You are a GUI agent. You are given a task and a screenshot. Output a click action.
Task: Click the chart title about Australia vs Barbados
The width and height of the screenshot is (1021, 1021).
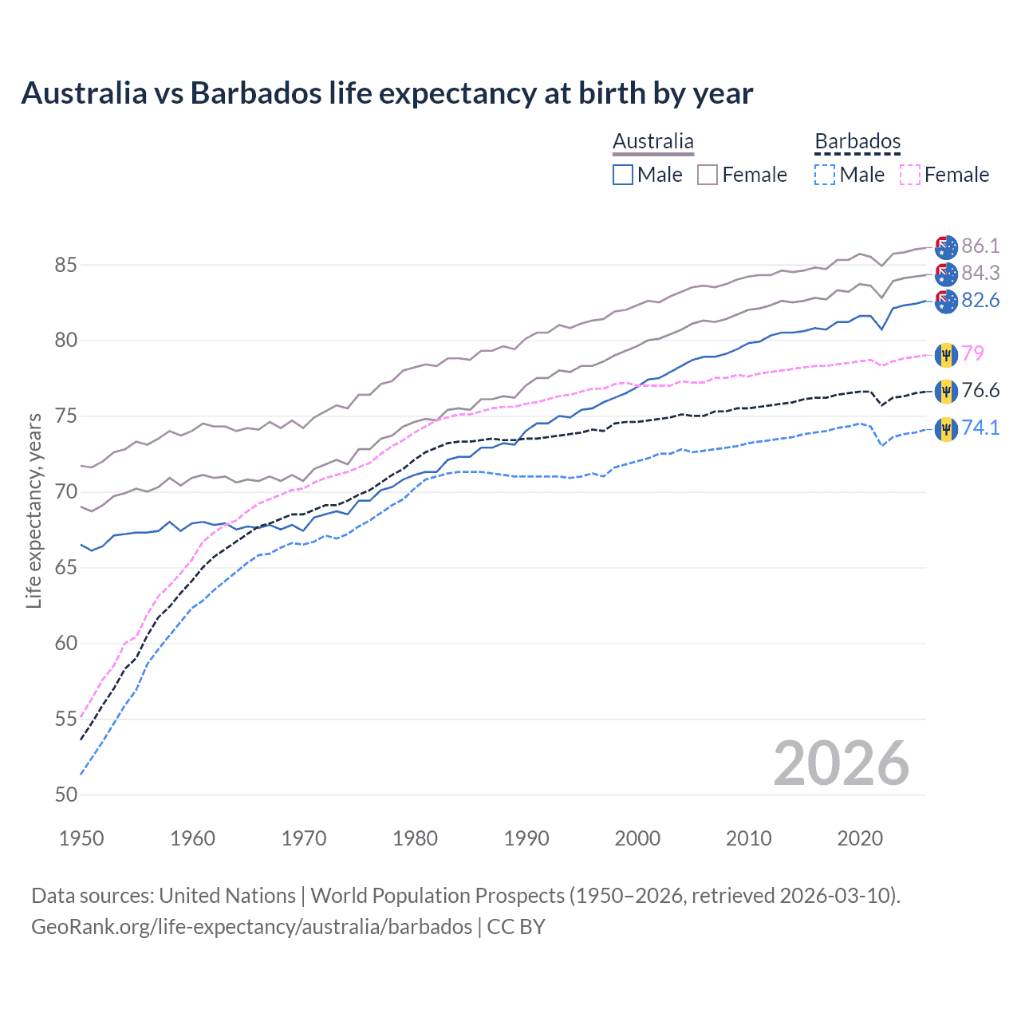(x=387, y=93)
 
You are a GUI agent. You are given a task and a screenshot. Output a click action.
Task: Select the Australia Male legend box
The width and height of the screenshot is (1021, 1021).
(x=623, y=175)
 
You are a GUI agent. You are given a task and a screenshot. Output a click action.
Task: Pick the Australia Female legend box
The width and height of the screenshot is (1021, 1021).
(x=708, y=175)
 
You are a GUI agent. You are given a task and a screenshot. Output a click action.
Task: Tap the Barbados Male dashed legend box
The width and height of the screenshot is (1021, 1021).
(x=825, y=175)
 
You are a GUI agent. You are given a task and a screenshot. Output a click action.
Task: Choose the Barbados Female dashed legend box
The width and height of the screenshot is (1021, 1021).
(x=910, y=175)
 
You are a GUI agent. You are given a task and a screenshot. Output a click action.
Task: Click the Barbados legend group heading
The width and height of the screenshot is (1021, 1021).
(x=857, y=141)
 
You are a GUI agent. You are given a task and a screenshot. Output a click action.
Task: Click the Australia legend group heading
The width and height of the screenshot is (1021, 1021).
(x=653, y=141)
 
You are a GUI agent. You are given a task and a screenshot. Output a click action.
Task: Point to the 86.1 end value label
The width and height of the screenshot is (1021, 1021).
(x=980, y=246)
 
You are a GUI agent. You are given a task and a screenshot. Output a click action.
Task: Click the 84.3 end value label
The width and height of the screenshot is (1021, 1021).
(x=980, y=273)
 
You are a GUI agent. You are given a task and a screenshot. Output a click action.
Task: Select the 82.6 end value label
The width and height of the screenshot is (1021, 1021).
(x=980, y=300)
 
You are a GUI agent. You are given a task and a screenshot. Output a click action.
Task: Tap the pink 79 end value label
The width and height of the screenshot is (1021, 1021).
(x=972, y=353)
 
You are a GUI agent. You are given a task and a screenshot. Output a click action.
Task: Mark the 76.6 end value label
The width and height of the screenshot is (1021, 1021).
(x=980, y=390)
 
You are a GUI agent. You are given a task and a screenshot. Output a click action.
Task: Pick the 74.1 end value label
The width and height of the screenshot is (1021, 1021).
(x=980, y=428)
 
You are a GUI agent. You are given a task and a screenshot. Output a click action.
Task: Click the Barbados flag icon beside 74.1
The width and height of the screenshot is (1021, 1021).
(x=946, y=429)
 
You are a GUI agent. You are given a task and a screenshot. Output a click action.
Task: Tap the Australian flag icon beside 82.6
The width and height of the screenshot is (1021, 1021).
(x=946, y=302)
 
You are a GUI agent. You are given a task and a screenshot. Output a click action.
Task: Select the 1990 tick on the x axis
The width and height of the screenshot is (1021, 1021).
(x=526, y=838)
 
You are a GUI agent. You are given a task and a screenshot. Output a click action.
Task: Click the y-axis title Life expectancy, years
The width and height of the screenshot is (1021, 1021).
(x=34, y=510)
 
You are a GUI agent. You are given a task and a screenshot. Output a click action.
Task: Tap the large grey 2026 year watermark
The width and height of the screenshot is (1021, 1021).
(x=841, y=763)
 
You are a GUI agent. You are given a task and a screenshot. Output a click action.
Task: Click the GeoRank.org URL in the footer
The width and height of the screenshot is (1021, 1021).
(x=251, y=926)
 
